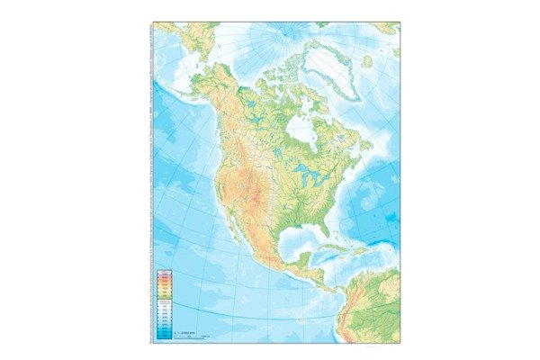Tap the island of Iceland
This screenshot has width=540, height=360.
367,62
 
